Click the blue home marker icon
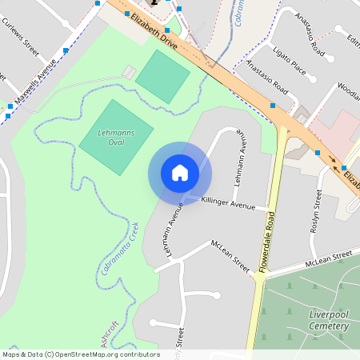(x=180, y=172)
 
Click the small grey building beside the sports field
(x=128, y=73)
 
